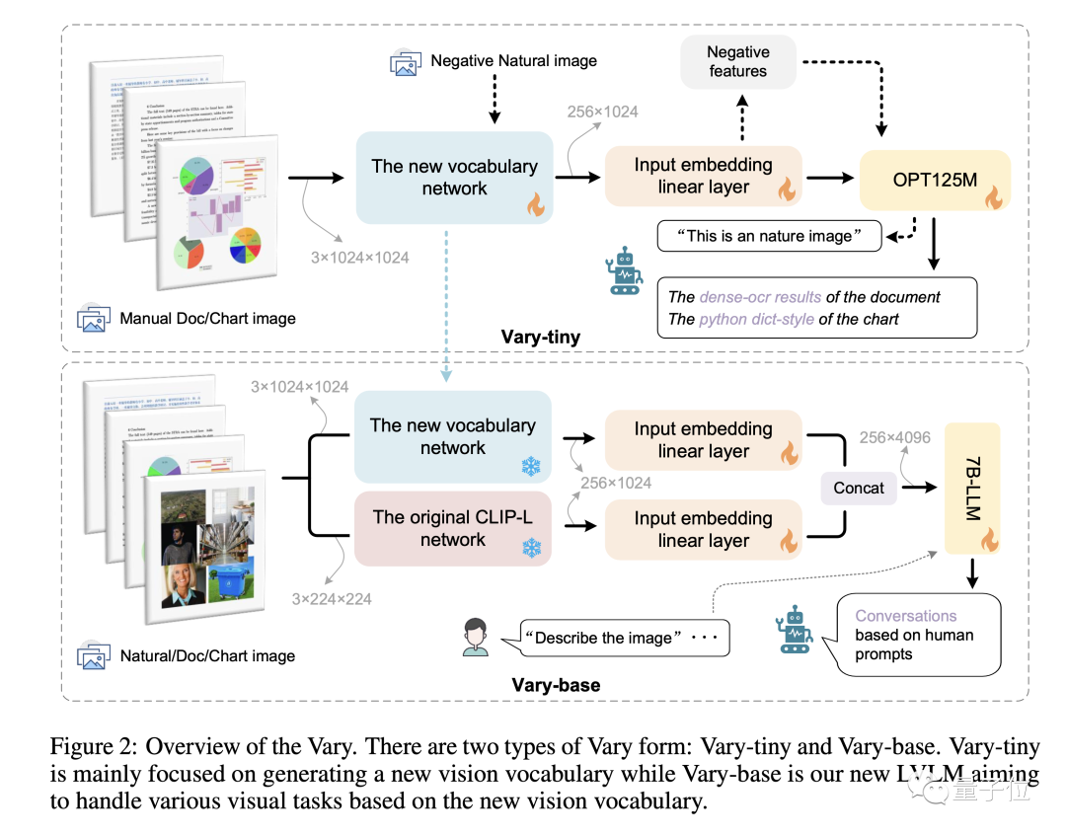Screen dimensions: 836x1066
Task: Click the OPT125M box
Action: click(x=935, y=179)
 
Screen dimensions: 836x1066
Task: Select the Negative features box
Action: click(x=737, y=60)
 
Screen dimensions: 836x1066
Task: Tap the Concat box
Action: click(x=859, y=488)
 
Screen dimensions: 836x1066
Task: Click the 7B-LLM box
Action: click(x=972, y=489)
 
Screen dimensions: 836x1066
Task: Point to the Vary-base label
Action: click(x=556, y=685)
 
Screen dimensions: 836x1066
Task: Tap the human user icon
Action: click(x=476, y=638)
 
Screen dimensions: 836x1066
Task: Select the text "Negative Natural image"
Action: click(x=513, y=61)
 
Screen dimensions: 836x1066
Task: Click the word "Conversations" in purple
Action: click(x=905, y=615)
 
